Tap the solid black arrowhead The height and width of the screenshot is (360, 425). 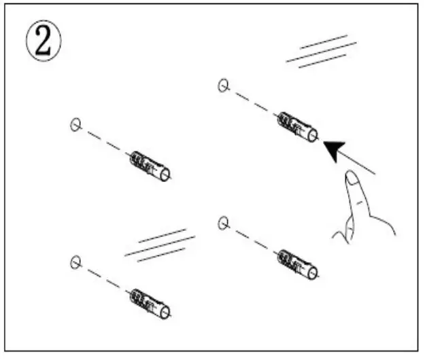point(333,149)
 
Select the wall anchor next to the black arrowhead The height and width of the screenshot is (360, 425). point(296,126)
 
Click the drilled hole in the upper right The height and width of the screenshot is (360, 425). point(223,86)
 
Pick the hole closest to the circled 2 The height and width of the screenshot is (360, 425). point(76,124)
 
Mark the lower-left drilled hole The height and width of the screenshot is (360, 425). point(75,262)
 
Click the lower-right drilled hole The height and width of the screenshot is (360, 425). point(223,222)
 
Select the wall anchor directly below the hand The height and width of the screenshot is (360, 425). point(297,262)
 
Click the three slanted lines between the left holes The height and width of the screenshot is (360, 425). point(160,245)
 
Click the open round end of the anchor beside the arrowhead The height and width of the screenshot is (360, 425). point(313,135)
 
